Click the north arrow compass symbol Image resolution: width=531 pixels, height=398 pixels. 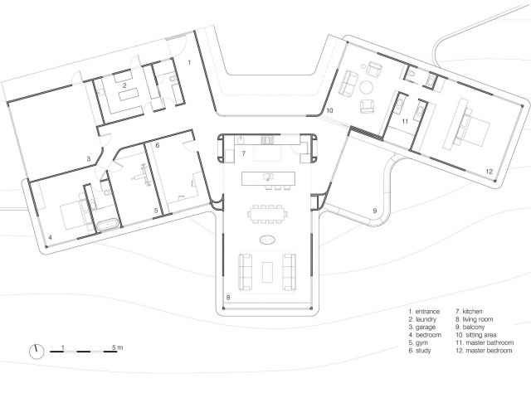coord(37,351)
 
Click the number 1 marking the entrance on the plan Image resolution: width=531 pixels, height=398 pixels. coord(188,62)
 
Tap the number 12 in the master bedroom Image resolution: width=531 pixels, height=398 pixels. coord(490,171)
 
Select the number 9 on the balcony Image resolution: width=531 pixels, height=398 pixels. coord(374,211)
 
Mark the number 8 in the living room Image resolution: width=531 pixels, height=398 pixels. coord(228,296)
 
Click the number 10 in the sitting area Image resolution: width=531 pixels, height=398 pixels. coord(329,109)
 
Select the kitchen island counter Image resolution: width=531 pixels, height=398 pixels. coord(267,177)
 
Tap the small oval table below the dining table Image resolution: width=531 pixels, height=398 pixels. coord(267,241)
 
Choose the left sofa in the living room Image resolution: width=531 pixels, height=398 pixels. coord(246,269)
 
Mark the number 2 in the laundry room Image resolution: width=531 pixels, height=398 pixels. coord(124,85)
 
